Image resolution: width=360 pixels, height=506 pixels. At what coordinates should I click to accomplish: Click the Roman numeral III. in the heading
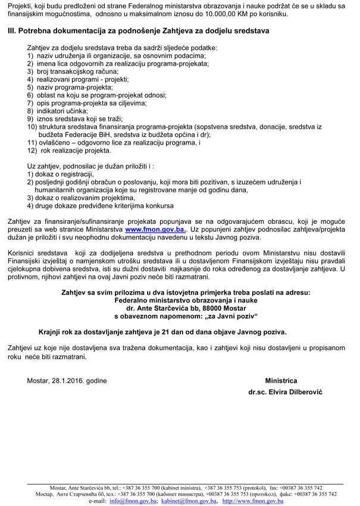pyautogui.click(x=12, y=30)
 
